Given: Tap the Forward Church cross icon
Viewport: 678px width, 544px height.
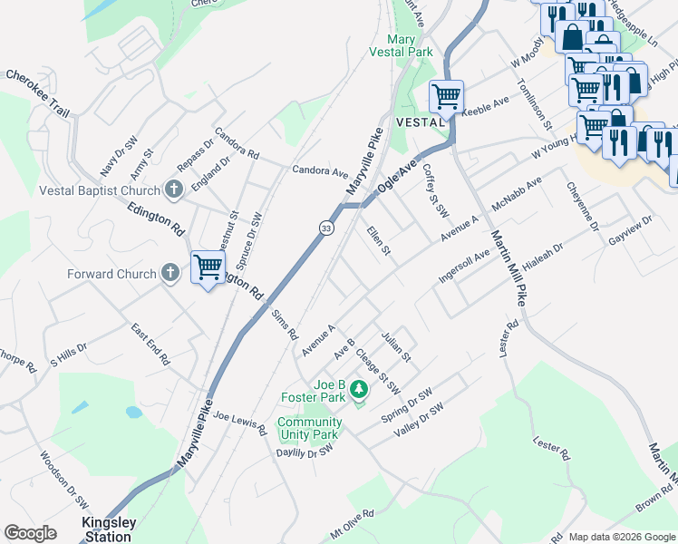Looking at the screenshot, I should pyautogui.click(x=169, y=273).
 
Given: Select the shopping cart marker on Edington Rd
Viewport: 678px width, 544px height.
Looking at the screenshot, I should pyautogui.click(x=208, y=267).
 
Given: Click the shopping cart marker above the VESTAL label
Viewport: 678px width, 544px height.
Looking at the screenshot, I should pyautogui.click(x=446, y=95).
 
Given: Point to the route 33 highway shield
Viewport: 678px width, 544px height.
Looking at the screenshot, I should pyautogui.click(x=325, y=228).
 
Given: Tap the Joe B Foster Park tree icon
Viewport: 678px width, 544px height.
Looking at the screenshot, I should pyautogui.click(x=360, y=390).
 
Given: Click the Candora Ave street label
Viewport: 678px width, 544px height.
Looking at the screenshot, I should pyautogui.click(x=320, y=170).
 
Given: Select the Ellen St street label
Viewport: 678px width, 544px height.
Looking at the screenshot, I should pyautogui.click(x=378, y=241).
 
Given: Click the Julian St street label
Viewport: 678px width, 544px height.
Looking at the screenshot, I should pyautogui.click(x=396, y=345).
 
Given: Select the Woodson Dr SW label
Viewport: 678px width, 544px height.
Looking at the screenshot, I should pyautogui.click(x=64, y=475).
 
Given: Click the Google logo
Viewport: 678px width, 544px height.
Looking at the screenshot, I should pyautogui.click(x=30, y=532).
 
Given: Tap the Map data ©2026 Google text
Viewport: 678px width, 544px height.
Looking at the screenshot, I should pyautogui.click(x=621, y=537).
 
